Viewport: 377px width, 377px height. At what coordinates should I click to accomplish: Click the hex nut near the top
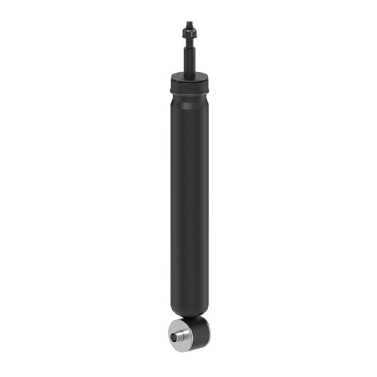[188, 30]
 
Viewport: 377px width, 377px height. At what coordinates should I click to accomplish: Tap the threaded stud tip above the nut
[188, 23]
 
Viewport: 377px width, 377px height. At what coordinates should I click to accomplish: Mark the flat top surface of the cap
[188, 76]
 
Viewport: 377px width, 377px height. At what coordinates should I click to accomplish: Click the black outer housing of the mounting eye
[201, 330]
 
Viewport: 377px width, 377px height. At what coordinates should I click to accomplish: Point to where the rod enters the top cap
[188, 74]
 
